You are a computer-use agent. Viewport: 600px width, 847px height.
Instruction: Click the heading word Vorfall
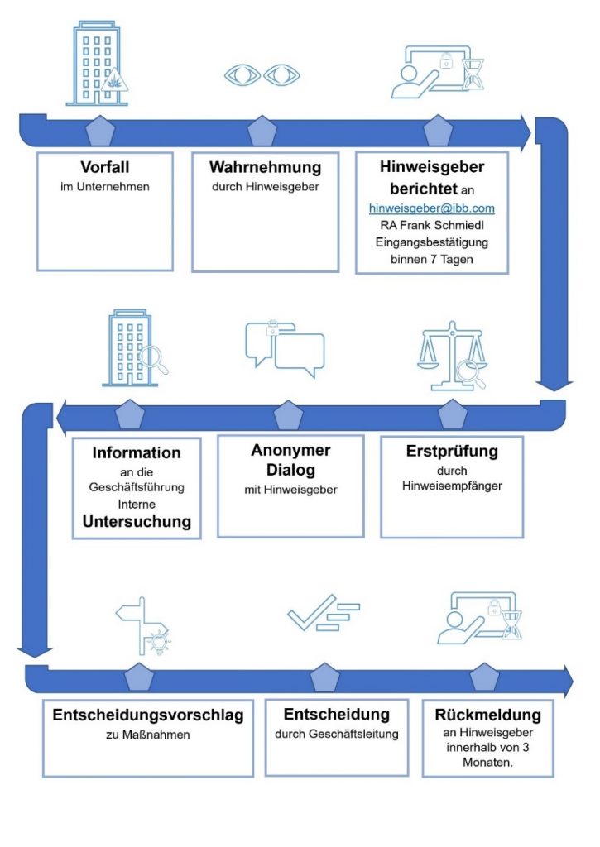pyautogui.click(x=104, y=166)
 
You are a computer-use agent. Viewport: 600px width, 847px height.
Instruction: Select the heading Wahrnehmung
pyautogui.click(x=265, y=167)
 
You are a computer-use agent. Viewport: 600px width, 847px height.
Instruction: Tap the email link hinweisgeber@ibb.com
pyautogui.click(x=431, y=208)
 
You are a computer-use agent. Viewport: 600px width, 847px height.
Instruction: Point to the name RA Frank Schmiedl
pyautogui.click(x=431, y=226)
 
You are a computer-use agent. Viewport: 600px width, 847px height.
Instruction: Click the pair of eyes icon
pyautogui.click(x=262, y=74)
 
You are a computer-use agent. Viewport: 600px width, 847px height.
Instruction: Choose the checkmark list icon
pyautogui.click(x=323, y=613)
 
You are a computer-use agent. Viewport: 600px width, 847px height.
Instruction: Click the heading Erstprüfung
pyautogui.click(x=452, y=452)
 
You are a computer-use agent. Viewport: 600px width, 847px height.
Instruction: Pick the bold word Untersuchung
pyautogui.click(x=137, y=522)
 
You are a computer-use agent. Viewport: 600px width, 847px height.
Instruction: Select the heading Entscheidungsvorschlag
pyautogui.click(x=148, y=715)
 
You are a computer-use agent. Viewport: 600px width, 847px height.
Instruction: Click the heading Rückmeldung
pyautogui.click(x=487, y=715)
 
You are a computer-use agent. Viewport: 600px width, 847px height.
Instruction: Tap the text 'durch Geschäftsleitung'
pyautogui.click(x=336, y=734)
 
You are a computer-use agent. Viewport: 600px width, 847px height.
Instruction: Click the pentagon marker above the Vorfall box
pyautogui.click(x=100, y=132)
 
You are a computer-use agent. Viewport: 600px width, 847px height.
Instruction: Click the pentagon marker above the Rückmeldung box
pyautogui.click(x=485, y=677)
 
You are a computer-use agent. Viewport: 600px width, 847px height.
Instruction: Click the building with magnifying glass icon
pyautogui.click(x=132, y=349)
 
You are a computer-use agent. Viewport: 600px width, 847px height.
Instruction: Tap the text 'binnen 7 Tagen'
pyautogui.click(x=431, y=260)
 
